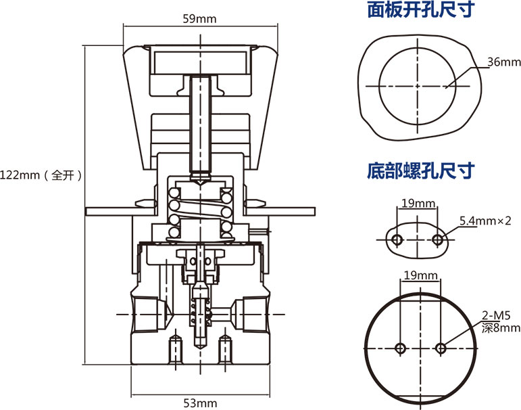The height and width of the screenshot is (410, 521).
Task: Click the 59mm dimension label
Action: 199,19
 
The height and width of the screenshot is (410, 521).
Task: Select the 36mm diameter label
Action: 504,62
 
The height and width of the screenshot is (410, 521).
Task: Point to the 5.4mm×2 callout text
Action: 485,221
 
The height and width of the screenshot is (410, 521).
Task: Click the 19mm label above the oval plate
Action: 418,204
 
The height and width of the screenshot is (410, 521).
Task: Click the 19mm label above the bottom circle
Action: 419,275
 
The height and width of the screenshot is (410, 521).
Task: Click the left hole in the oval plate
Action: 398,240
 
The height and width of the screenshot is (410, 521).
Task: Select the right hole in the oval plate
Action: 438,240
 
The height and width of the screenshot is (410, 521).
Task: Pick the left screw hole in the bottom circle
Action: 400,348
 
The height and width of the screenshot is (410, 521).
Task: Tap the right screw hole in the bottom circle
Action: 441,348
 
